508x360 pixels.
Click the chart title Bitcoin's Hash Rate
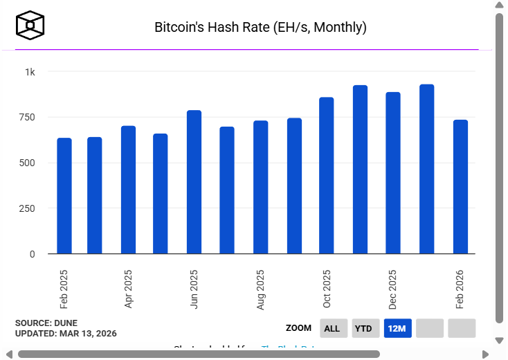tap(260, 28)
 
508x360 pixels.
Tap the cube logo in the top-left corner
tap(30, 26)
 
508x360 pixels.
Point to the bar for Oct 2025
tap(327, 176)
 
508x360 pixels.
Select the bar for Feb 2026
tap(460, 187)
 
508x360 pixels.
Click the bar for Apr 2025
tap(128, 190)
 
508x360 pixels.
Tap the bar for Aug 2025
tap(261, 187)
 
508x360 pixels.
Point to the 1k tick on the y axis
tap(30, 72)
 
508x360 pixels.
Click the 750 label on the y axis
tap(27, 117)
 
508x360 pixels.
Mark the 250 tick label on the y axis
tap(27, 208)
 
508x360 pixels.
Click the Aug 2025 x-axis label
tap(261, 289)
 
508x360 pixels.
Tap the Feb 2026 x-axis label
tap(460, 289)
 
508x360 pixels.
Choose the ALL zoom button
tap(332, 328)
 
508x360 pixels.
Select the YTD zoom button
tap(363, 328)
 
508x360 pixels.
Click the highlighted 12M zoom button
tap(397, 328)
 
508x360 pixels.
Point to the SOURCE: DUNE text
tap(46, 323)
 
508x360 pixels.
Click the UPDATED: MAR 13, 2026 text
tap(66, 334)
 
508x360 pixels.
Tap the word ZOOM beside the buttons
tap(298, 328)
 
